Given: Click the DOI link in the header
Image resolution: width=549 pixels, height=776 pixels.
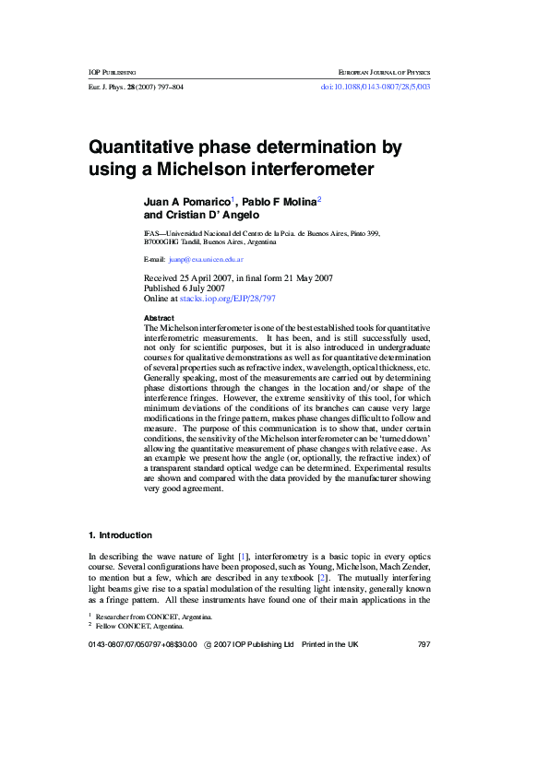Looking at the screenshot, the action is pos(375,87).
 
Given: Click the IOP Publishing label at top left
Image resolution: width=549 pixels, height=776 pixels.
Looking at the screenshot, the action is pos(112,71).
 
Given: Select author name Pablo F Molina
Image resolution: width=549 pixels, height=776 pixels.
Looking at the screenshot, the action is pos(279,200).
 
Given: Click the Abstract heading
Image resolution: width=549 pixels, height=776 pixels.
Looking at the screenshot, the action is pos(160,317).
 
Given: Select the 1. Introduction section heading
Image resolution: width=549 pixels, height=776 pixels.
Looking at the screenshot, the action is pos(120,535).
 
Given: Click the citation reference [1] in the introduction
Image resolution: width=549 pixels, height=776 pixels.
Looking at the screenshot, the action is pos(244,557).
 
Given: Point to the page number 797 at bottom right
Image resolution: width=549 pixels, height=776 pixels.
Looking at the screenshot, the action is pos(424,644).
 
